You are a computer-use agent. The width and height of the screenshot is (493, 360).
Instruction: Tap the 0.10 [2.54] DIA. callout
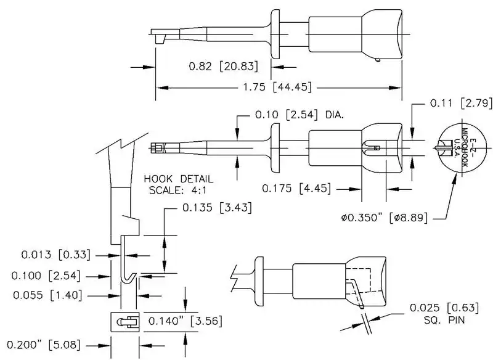click(x=299, y=115)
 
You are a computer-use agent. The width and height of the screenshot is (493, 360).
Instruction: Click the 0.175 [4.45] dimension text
click(x=296, y=187)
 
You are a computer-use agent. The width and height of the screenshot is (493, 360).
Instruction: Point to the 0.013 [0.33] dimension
click(x=55, y=254)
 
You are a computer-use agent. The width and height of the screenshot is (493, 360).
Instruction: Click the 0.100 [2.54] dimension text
click(x=50, y=275)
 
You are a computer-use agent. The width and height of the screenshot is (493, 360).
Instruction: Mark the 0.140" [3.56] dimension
click(x=185, y=321)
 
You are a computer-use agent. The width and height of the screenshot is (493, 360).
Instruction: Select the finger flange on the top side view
click(x=275, y=34)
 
